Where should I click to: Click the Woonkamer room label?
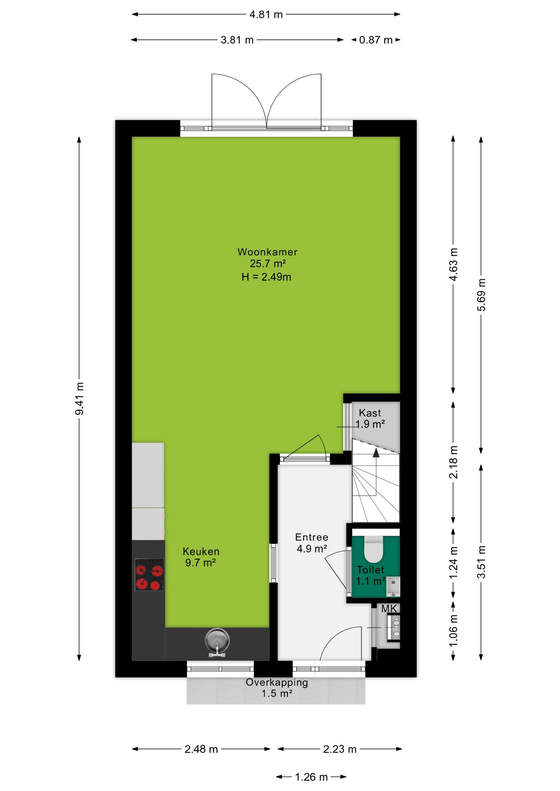(267, 252)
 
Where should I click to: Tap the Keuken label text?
(201, 551)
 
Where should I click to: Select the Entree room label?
(312, 537)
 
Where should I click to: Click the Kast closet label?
(370, 413)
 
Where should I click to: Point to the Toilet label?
(370, 570)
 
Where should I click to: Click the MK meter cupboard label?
(389, 608)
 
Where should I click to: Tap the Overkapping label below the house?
(277, 683)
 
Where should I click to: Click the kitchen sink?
(217, 641)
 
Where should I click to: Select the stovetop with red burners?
(149, 574)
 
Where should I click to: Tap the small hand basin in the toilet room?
(393, 587)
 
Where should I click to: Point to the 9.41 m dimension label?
(79, 398)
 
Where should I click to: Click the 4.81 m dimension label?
(266, 15)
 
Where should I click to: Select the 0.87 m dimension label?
(376, 40)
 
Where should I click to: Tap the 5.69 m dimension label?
(481, 295)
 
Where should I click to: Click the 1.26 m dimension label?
(311, 777)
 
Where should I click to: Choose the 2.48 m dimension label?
(201, 749)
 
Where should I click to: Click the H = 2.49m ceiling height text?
(266, 277)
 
